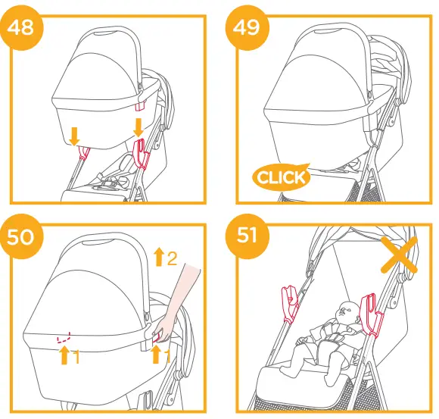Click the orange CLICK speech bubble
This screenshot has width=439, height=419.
282,177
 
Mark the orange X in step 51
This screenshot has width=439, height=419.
399,257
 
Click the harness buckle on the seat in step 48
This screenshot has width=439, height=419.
113,181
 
